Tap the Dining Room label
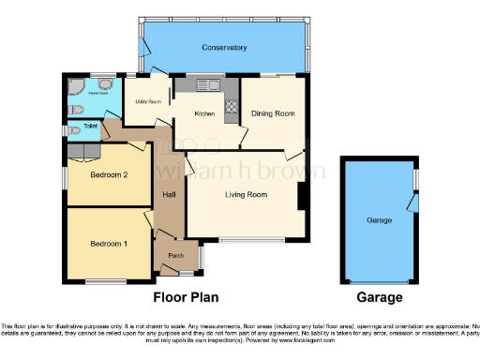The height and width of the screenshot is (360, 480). [273, 113]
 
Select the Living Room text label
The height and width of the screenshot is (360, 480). [246, 195]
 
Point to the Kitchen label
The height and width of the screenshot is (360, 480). [204, 113]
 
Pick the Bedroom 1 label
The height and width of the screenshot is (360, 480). [107, 244]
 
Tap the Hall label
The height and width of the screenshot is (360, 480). [170, 195]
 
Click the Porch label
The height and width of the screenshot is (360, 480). [175, 255]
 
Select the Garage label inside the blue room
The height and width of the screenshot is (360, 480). [379, 221]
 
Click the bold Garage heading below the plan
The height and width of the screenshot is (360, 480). [380, 298]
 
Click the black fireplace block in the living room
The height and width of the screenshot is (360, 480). [301, 195]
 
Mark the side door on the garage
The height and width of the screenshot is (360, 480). [412, 202]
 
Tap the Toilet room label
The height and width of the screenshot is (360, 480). [91, 124]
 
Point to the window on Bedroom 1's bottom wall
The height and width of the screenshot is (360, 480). [105, 281]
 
